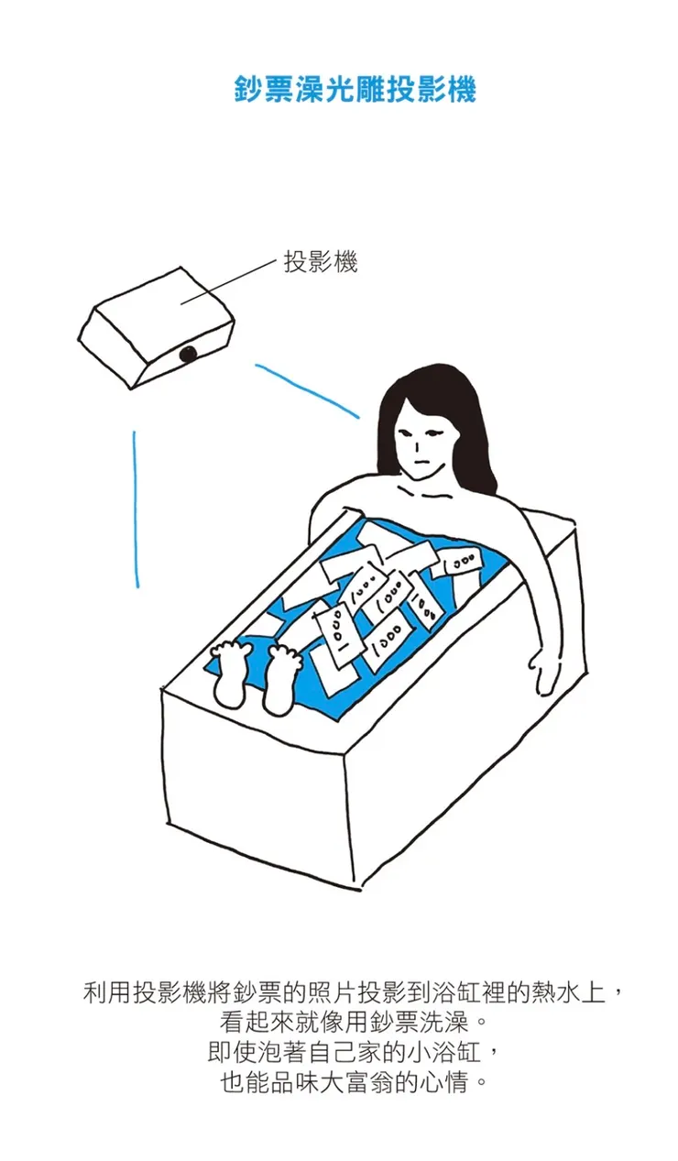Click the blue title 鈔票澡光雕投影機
click(x=355, y=91)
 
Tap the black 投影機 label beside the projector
click(x=320, y=261)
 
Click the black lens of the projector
click(x=187, y=354)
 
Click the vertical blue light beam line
click(x=136, y=509)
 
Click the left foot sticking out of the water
click(x=230, y=674)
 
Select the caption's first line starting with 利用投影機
click(x=354, y=992)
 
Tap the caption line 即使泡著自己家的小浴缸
click(x=354, y=1051)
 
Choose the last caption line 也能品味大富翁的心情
click(x=354, y=1081)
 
